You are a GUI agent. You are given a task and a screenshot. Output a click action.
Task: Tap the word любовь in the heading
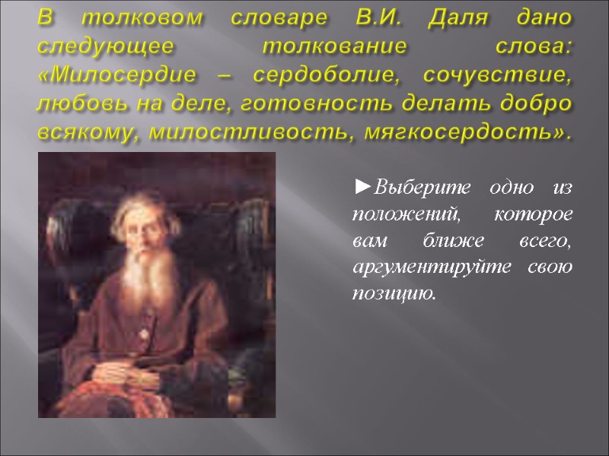[x=77, y=104]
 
